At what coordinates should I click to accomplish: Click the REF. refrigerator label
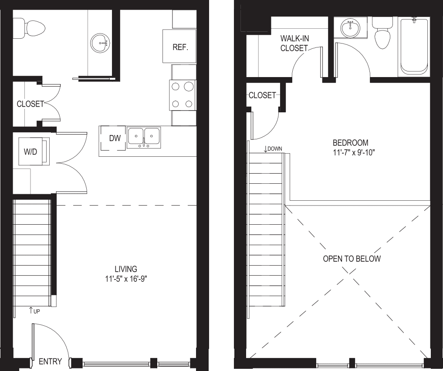pyautogui.click(x=180, y=47)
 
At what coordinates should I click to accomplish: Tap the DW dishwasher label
pyautogui.click(x=115, y=138)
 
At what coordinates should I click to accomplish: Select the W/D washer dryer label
pyautogui.click(x=30, y=152)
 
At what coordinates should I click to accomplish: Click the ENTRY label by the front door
pyautogui.click(x=50, y=361)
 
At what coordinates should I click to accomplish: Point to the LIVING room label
pyautogui.click(x=126, y=269)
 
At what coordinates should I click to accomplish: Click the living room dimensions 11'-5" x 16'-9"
pyautogui.click(x=126, y=279)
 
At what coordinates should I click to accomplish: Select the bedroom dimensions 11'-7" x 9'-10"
pyautogui.click(x=354, y=153)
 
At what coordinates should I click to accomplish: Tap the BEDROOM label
pyautogui.click(x=350, y=142)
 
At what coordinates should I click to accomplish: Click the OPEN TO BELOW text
pyautogui.click(x=352, y=259)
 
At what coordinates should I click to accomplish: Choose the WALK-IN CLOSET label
pyautogui.click(x=294, y=43)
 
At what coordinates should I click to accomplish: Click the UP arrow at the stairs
pyautogui.click(x=30, y=310)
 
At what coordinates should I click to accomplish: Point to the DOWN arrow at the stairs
pyautogui.click(x=266, y=149)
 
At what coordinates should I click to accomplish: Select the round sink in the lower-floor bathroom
pyautogui.click(x=100, y=44)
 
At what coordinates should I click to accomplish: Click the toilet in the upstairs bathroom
pyautogui.click(x=382, y=33)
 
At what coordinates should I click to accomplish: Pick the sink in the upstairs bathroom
pyautogui.click(x=350, y=28)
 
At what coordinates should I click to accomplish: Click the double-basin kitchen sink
pyautogui.click(x=144, y=137)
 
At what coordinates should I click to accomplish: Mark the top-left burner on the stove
pyautogui.click(x=176, y=86)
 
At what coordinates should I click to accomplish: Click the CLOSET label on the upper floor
pyautogui.click(x=262, y=95)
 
